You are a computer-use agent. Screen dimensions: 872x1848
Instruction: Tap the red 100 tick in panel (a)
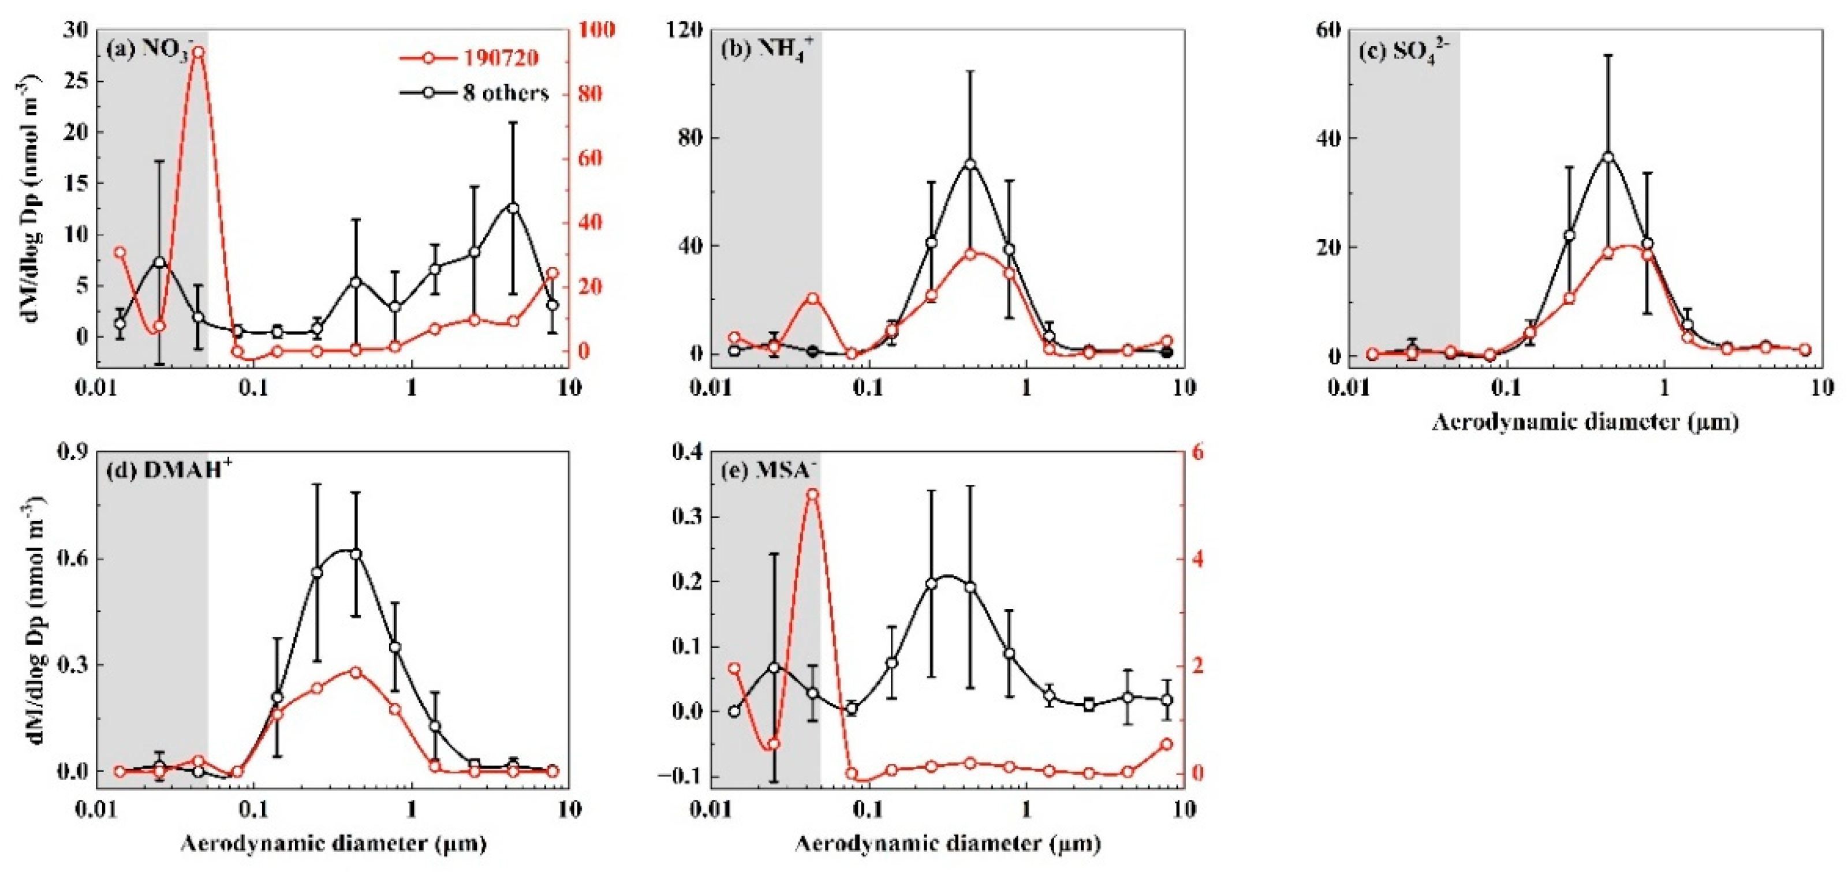click(x=595, y=30)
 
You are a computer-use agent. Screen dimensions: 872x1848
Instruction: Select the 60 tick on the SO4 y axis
click(x=1327, y=30)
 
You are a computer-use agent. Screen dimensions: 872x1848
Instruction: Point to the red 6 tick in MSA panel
click(x=1198, y=452)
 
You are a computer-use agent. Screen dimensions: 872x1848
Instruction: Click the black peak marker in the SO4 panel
click(x=1608, y=157)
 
